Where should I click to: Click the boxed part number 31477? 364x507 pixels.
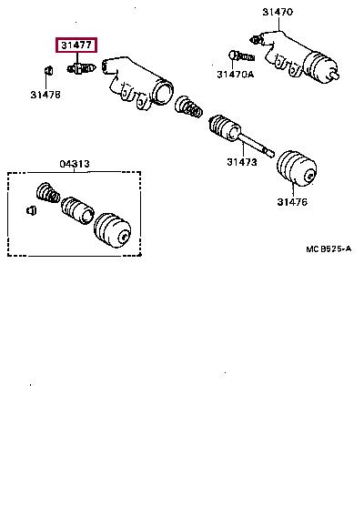(76, 45)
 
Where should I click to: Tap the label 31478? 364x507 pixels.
(45, 95)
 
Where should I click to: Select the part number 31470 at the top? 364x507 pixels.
(278, 12)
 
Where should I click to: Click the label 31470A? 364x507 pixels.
(236, 75)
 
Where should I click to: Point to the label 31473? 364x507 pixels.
(242, 162)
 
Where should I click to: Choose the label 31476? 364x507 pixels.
(292, 202)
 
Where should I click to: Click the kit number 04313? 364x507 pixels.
(75, 164)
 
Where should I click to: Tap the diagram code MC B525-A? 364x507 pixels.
(329, 249)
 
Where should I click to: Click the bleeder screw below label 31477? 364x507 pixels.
(81, 68)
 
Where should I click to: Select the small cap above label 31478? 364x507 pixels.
(48, 70)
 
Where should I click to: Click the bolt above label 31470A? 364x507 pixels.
(242, 56)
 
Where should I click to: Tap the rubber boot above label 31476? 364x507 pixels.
(297, 168)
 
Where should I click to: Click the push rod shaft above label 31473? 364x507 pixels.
(256, 147)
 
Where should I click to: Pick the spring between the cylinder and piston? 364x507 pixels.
(188, 107)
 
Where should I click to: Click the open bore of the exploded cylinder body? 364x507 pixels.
(164, 94)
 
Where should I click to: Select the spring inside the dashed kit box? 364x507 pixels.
(48, 193)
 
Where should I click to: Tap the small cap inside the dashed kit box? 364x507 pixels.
(31, 210)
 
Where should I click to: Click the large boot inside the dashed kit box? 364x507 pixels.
(112, 230)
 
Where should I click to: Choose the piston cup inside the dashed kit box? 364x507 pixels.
(78, 210)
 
